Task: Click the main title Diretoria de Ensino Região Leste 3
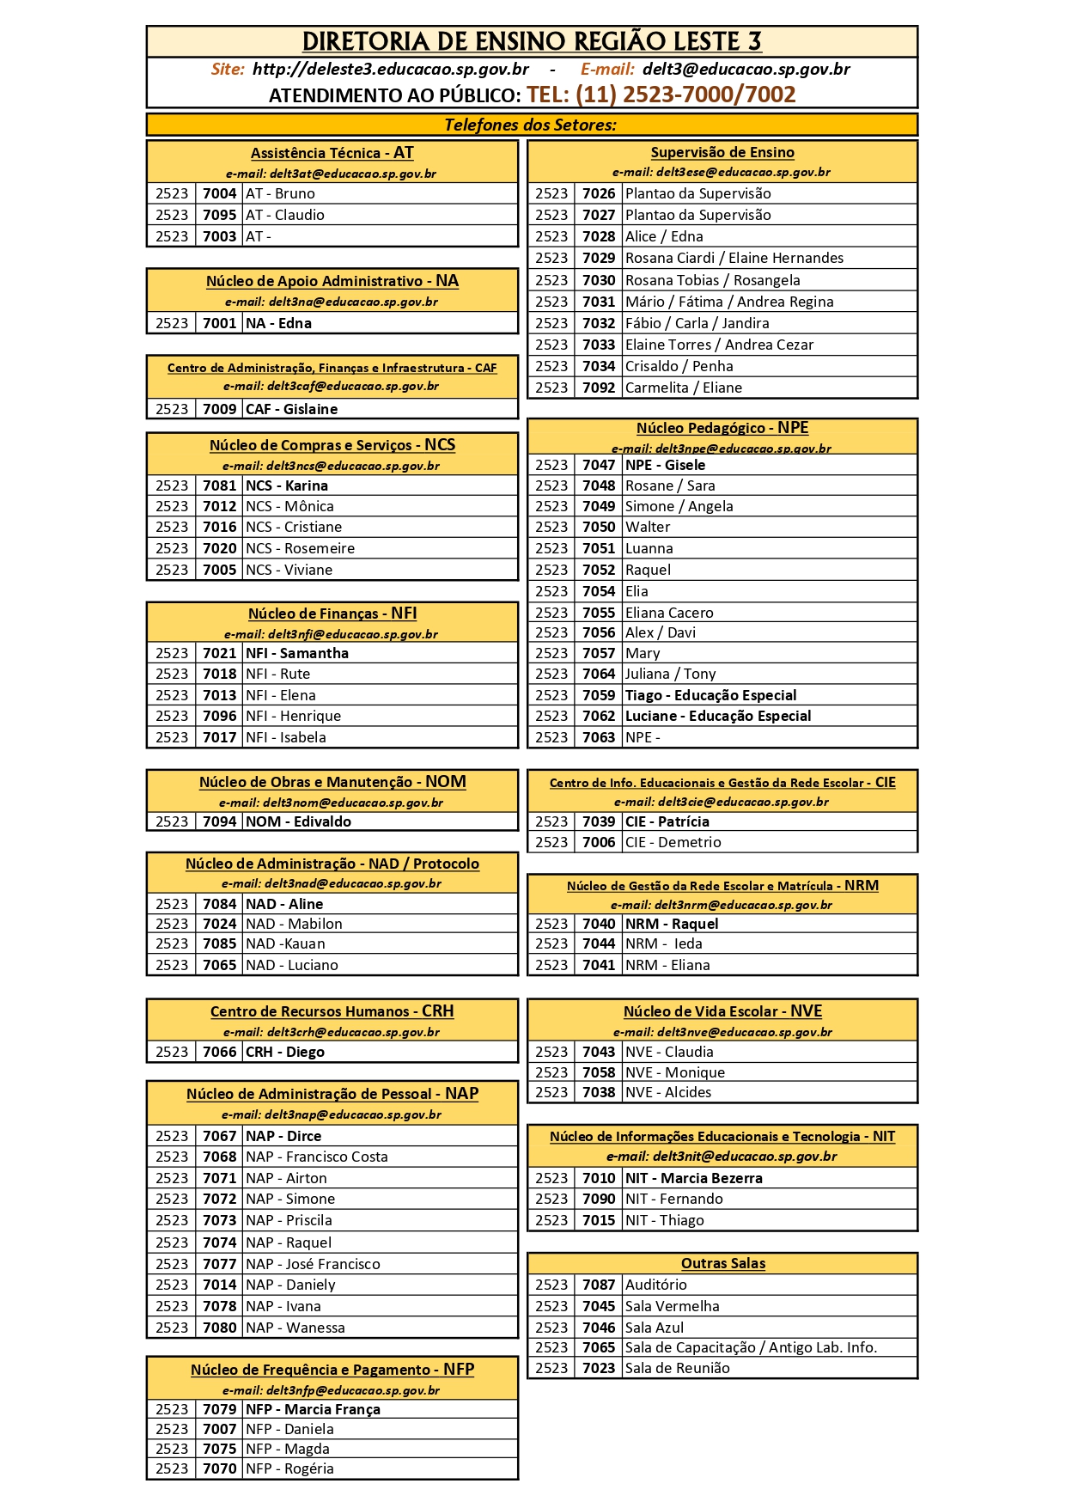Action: pyautogui.click(x=532, y=41)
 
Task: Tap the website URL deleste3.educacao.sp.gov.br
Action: pyautogui.click(x=390, y=69)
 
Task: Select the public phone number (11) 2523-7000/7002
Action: pyautogui.click(x=661, y=95)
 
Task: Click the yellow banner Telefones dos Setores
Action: pyautogui.click(x=531, y=125)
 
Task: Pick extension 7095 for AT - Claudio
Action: pyautogui.click(x=219, y=215)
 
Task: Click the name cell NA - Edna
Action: pyautogui.click(x=278, y=323)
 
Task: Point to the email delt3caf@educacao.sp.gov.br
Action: pyautogui.click(x=331, y=386)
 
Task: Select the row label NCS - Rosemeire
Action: pyautogui.click(x=300, y=548)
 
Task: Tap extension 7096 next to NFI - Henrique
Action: pyautogui.click(x=219, y=716)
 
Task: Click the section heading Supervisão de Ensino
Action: pyautogui.click(x=722, y=152)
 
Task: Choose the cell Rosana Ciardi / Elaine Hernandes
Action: pyautogui.click(x=734, y=258)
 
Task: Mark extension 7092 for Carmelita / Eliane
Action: pyautogui.click(x=599, y=388)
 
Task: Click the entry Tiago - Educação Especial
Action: pyautogui.click(x=710, y=695)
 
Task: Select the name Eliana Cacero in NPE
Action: pyautogui.click(x=669, y=613)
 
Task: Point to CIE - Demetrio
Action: pyautogui.click(x=673, y=842)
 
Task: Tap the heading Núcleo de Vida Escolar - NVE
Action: pyautogui.click(x=722, y=1011)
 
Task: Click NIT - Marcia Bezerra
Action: pyautogui.click(x=693, y=1178)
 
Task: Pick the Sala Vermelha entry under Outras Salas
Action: pyautogui.click(x=672, y=1306)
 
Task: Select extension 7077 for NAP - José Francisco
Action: pyautogui.click(x=219, y=1264)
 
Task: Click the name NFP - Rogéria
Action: pyautogui.click(x=289, y=1468)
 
